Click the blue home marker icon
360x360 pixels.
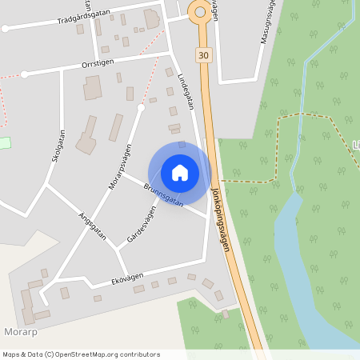180,172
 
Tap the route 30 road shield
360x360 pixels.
204,54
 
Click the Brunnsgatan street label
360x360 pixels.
163,196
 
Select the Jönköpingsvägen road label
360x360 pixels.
221,220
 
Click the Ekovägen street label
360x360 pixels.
127,278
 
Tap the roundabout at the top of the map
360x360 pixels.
200,10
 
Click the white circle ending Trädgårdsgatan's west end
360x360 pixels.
6,28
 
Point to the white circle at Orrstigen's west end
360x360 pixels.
24,74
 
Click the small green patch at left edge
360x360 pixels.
5,142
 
